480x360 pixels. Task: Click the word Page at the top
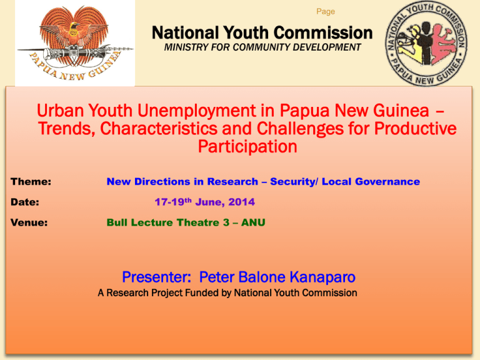coord(326,12)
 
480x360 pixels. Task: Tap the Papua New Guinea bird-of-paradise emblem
coord(75,43)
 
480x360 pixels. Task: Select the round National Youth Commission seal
coord(426,43)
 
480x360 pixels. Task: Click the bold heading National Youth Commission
coord(262,32)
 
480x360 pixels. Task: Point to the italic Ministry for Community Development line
coord(262,47)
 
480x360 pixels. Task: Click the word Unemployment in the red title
coord(197,111)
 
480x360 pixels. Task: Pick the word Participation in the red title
coord(247,147)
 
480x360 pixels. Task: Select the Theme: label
coord(31,181)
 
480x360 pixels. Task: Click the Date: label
coord(25,202)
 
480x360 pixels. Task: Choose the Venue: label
coord(29,222)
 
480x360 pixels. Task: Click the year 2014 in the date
coord(241,202)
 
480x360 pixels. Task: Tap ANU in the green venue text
coord(253,222)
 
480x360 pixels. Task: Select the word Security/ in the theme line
coord(294,182)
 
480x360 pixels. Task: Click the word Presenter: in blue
coord(157,277)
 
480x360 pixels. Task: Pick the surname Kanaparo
coord(322,277)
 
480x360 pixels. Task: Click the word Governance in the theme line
coord(387,181)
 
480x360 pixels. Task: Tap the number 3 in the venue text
coord(226,222)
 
